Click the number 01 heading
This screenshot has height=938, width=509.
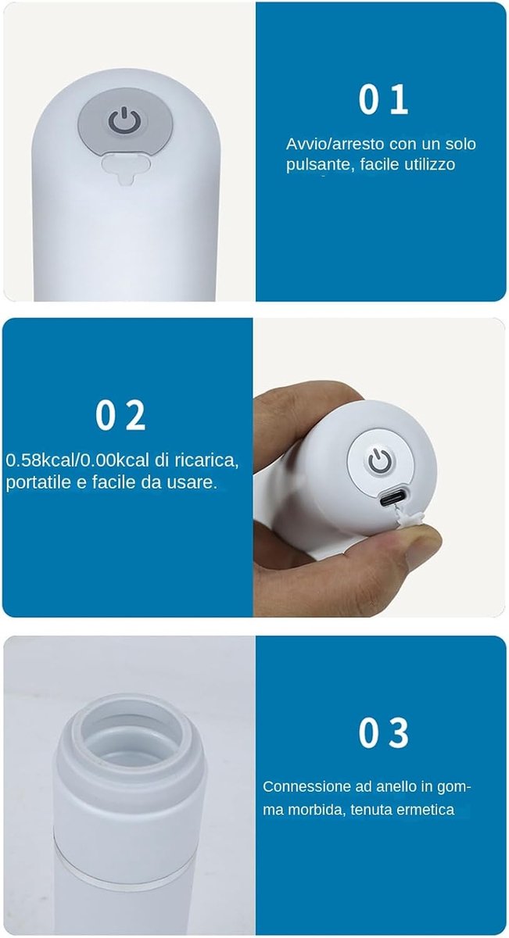click(x=383, y=100)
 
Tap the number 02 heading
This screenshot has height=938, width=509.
click(x=120, y=415)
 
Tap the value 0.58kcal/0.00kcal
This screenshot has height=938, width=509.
click(x=77, y=460)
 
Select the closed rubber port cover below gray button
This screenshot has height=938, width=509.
click(x=125, y=168)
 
